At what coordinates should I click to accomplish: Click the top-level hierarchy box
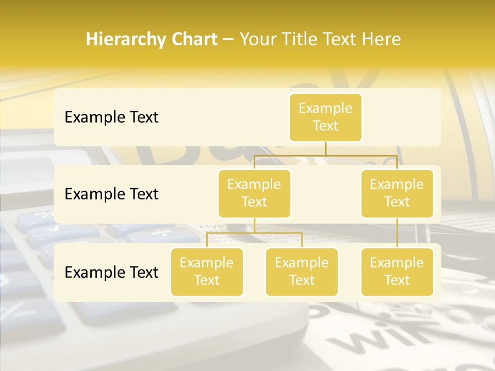(325, 117)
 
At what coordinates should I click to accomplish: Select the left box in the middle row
(254, 194)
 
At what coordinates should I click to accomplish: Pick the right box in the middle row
(397, 194)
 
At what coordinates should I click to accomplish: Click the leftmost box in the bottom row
(207, 272)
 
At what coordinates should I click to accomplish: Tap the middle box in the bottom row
(302, 272)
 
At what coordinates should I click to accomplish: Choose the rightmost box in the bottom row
(397, 272)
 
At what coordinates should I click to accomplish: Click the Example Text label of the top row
(111, 117)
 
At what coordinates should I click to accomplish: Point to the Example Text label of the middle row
(111, 194)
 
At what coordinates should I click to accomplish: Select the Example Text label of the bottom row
(111, 273)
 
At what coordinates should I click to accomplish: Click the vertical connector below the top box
(325, 148)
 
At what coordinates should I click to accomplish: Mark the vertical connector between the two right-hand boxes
(397, 233)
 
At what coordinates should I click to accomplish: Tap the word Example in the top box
(325, 109)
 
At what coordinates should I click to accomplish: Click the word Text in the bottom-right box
(397, 280)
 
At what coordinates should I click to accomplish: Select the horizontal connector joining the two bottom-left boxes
(254, 233)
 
